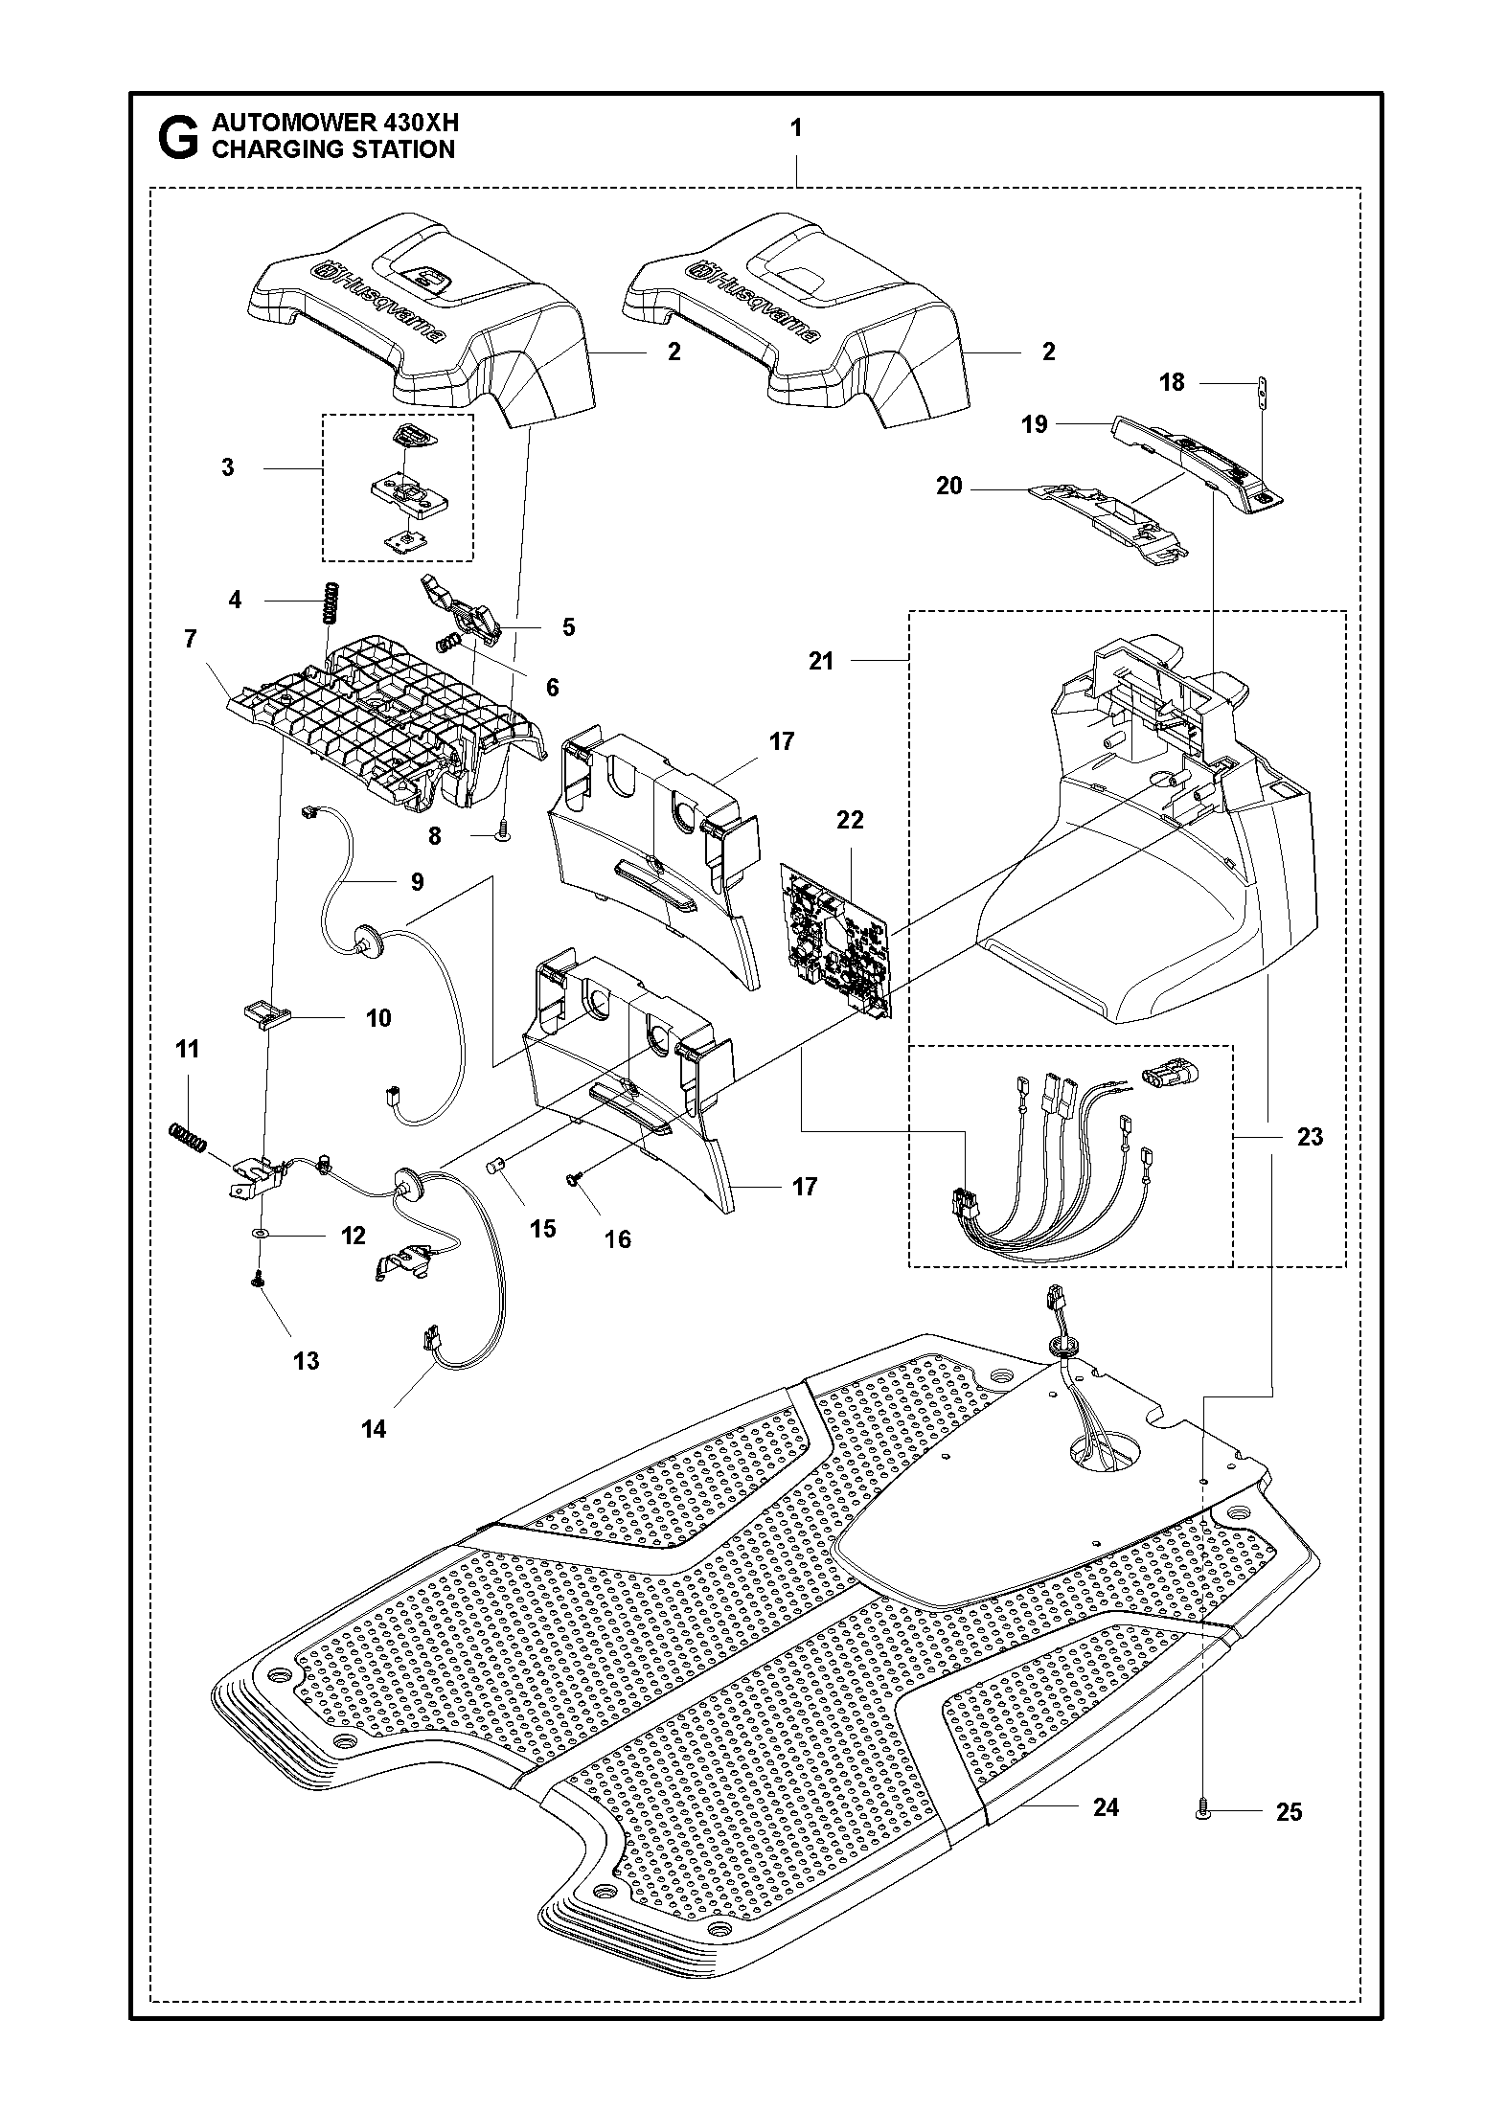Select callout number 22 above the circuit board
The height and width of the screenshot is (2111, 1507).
[850, 820]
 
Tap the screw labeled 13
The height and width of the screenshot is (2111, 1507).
[258, 1280]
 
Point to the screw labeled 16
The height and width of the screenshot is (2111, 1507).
[574, 1179]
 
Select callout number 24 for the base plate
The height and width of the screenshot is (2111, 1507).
[1106, 1808]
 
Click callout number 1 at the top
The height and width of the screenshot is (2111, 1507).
[796, 127]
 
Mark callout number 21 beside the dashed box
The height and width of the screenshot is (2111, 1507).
[821, 661]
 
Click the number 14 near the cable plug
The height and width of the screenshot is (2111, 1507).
[374, 1456]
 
